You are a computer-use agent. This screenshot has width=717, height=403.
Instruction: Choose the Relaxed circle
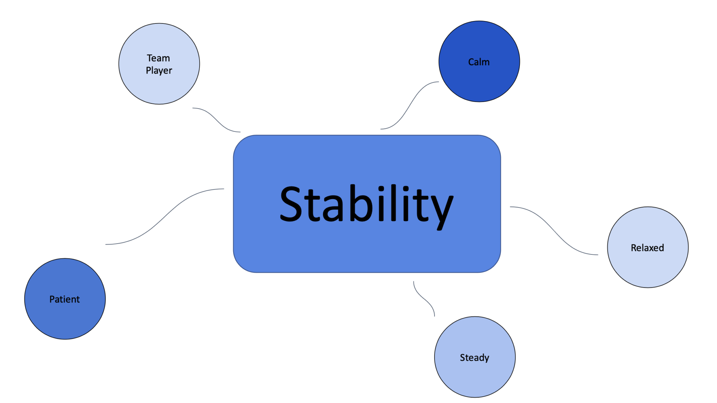tap(648, 270)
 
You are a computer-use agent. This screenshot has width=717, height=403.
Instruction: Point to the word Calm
tap(479, 62)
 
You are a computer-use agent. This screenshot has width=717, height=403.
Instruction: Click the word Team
tap(158, 58)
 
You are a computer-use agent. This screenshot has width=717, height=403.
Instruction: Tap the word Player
tap(159, 70)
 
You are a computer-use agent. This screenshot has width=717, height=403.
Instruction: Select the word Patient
tap(64, 299)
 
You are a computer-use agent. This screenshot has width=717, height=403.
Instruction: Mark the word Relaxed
tap(647, 248)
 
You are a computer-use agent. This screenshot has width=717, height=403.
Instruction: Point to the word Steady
tap(474, 357)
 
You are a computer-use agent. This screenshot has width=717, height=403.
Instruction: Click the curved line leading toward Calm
tap(410, 105)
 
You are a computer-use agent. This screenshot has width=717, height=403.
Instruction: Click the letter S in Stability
tap(291, 204)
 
